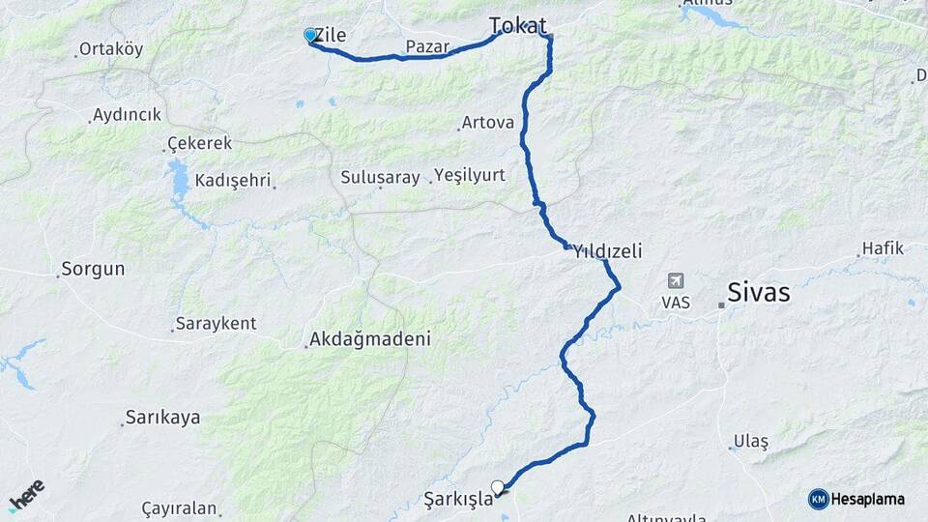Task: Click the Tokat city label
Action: pos(517,26)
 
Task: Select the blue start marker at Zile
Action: pos(310,35)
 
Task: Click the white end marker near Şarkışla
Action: pos(497,487)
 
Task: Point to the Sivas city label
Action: pos(758,293)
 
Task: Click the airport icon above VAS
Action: pos(675,281)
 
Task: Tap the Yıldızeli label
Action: pos(607,251)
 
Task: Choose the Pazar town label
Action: pos(427,46)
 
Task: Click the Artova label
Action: pos(487,123)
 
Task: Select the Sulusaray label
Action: pos(380,177)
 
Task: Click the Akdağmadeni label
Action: pos(368,340)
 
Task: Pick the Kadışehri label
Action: pos(234,181)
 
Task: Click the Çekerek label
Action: pos(199,143)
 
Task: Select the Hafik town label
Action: pos(882,248)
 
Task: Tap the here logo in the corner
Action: pos(26,494)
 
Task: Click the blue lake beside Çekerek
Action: pos(179,182)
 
